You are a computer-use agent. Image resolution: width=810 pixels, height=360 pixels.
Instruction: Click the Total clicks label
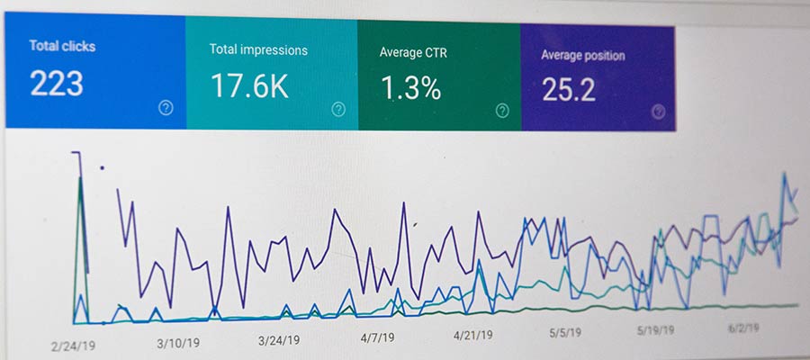tap(62, 45)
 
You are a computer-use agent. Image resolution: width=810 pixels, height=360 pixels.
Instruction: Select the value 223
tap(57, 84)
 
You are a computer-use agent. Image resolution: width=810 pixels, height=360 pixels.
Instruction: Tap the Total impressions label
tap(258, 50)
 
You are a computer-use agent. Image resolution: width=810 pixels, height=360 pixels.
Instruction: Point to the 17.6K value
tap(249, 86)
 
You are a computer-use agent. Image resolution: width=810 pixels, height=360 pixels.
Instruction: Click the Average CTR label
tap(414, 52)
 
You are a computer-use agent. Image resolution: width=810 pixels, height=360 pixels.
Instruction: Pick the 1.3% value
tap(410, 88)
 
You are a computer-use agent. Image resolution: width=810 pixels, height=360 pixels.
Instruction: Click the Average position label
tap(582, 56)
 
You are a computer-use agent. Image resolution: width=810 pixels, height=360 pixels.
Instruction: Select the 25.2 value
tap(568, 90)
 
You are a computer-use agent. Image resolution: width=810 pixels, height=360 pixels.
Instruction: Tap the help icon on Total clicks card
tap(166, 108)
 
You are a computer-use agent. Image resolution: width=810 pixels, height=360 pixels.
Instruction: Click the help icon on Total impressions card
tap(338, 110)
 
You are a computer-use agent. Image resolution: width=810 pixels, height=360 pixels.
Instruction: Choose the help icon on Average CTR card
tap(502, 111)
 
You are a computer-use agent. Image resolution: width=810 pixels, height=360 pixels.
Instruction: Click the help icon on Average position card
tap(659, 112)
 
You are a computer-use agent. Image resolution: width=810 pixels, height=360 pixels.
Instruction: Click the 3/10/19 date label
tap(179, 343)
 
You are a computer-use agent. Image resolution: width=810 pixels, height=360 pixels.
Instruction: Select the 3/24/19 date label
tap(280, 341)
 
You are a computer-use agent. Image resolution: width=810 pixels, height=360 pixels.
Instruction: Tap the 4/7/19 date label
tap(377, 338)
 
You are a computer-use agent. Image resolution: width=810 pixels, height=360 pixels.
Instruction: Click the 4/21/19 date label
tap(472, 336)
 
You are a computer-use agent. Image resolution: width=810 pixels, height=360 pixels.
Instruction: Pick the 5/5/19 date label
tap(564, 333)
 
